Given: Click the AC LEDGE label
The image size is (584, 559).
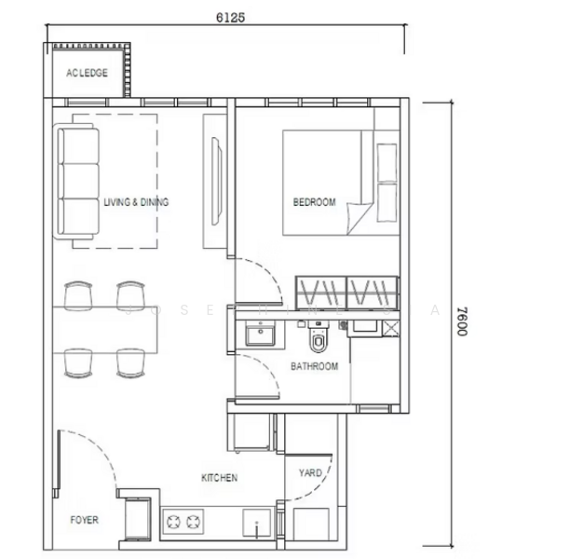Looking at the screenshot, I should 87,73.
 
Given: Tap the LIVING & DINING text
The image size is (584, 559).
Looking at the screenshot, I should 136,202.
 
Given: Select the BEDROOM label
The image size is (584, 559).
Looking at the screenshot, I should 314,202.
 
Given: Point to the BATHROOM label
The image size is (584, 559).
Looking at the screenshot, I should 314,366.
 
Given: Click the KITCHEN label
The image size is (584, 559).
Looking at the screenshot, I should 220,478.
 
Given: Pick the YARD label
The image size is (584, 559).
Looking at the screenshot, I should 310,473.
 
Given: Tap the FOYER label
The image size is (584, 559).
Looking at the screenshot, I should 84,520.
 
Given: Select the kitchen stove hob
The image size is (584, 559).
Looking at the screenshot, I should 183,523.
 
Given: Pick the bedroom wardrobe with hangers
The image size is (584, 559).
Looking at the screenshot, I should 347,291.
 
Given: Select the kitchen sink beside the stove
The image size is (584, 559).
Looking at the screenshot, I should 255,524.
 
